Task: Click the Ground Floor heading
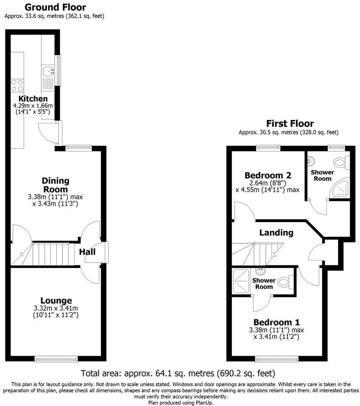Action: pyautogui.click(x=55, y=7)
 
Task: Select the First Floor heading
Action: pyautogui.click(x=290, y=123)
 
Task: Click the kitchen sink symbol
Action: pyautogui.click(x=48, y=70)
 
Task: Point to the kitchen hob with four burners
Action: pyautogui.click(x=17, y=85)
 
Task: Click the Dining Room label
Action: pyautogui.click(x=55, y=185)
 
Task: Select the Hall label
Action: pyautogui.click(x=87, y=252)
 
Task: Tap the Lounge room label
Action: pyautogui.click(x=56, y=301)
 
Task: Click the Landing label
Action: pyautogui.click(x=276, y=232)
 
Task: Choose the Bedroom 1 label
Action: pyautogui.click(x=276, y=322)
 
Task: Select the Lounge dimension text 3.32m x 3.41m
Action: pyautogui.click(x=56, y=308)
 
